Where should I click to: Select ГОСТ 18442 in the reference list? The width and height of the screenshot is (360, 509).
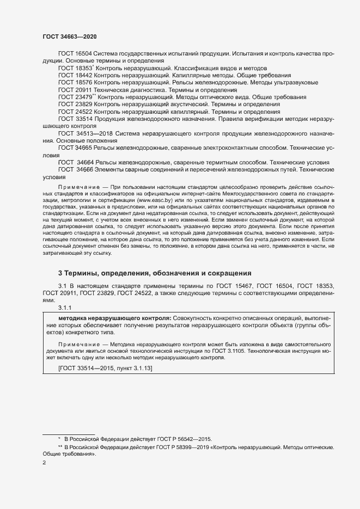point(75,75)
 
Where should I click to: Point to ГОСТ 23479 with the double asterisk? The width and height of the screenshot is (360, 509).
point(76,96)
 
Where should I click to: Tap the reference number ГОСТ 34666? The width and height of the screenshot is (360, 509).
point(76,170)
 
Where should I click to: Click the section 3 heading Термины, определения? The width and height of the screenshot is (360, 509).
point(155,274)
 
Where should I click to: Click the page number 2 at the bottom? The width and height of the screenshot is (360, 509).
point(44,463)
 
